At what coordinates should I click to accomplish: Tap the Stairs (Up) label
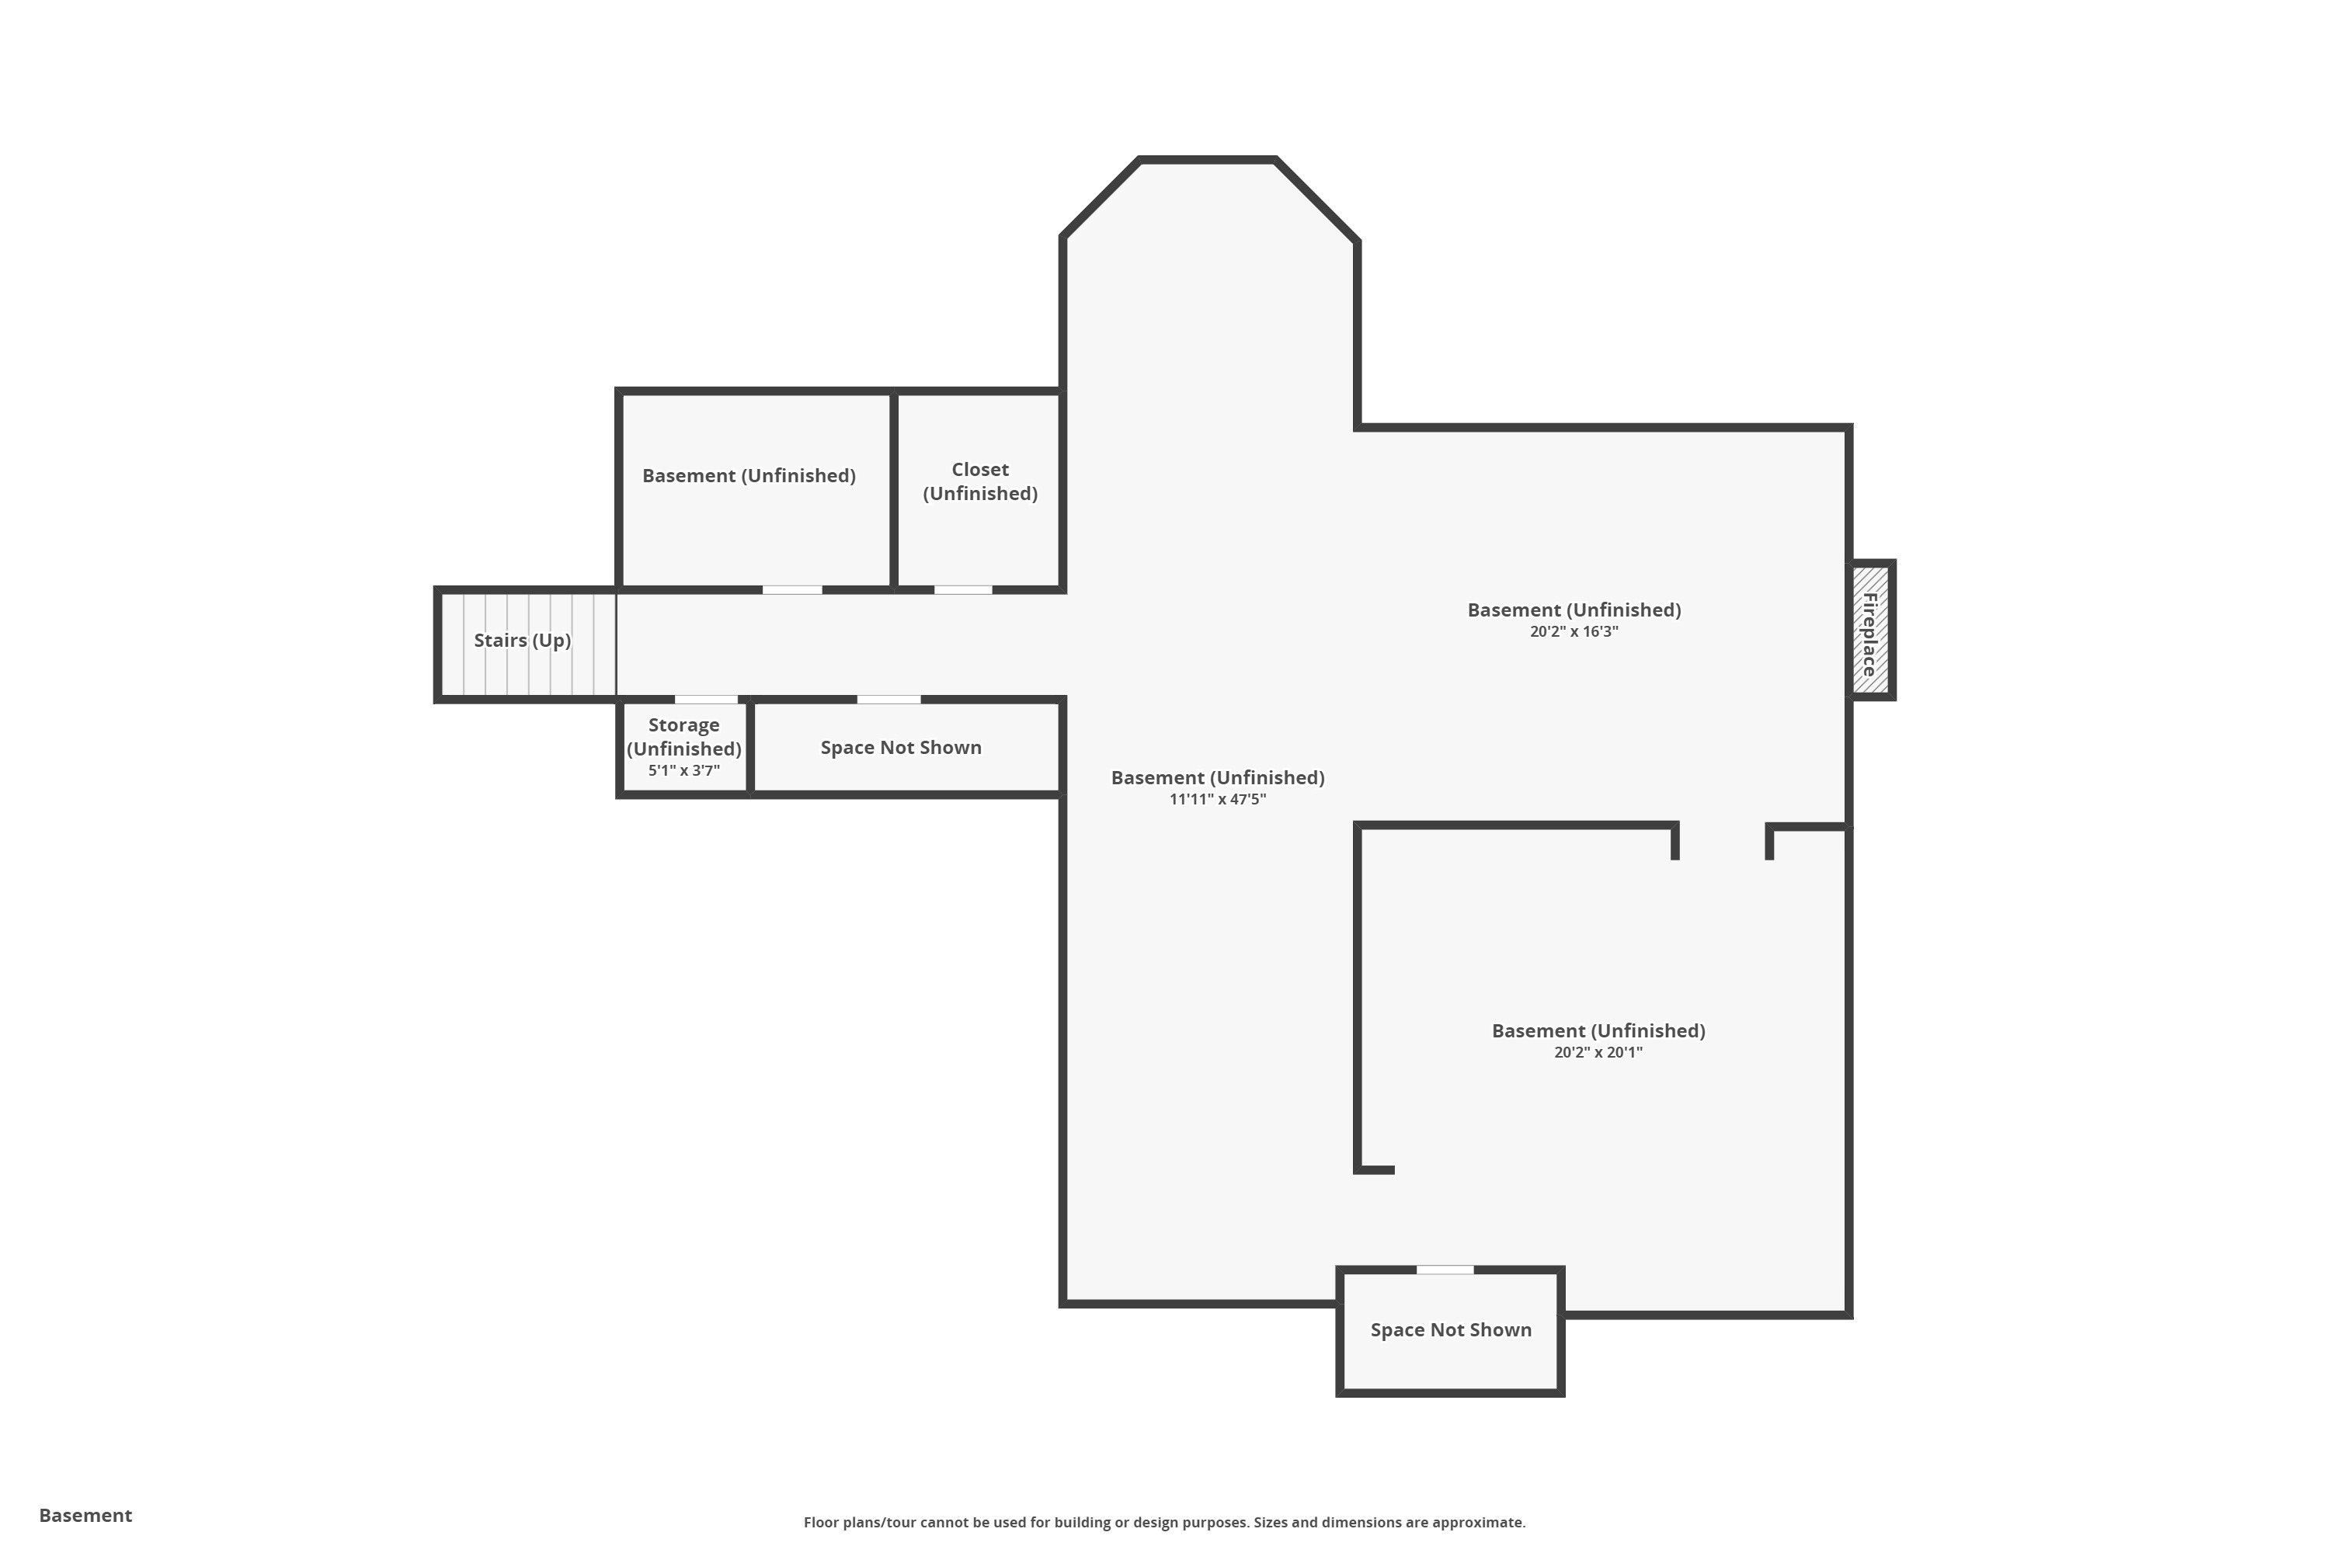tap(522, 641)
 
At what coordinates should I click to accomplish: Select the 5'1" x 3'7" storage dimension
tap(683, 770)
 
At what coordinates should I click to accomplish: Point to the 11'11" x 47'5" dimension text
tap(1218, 799)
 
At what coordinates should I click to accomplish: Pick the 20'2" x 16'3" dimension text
tap(1574, 632)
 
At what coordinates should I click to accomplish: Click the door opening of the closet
tap(963, 590)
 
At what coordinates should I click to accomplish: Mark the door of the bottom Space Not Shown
tap(1445, 1270)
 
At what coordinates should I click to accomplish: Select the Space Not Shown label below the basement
tap(1452, 1330)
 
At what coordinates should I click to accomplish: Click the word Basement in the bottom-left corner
tap(85, 1516)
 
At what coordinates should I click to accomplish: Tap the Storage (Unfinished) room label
tap(683, 737)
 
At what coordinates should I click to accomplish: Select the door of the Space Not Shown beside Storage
tap(889, 700)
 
